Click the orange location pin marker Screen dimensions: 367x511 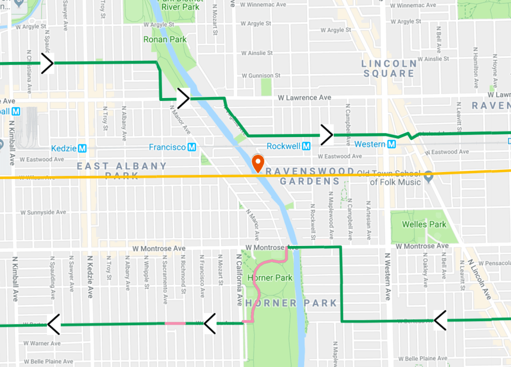(x=258, y=163)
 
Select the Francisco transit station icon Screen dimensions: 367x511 (x=191, y=147)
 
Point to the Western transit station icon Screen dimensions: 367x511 (x=392, y=144)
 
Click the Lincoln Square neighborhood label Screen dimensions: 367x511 (x=389, y=68)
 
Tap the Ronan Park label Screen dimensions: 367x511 (x=165, y=39)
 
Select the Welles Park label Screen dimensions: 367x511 (x=424, y=224)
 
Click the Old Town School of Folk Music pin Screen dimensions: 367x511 (x=428, y=176)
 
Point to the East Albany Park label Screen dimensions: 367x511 (x=122, y=170)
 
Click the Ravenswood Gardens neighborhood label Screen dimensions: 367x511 (x=309, y=176)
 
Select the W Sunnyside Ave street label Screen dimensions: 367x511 (x=43, y=212)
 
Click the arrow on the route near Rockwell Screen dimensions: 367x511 (x=327, y=134)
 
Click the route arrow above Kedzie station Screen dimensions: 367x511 (x=47, y=63)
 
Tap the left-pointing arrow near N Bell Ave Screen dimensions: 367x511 (x=440, y=319)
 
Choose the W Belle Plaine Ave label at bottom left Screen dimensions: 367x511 (x=48, y=361)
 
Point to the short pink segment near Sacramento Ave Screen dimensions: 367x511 (x=175, y=323)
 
